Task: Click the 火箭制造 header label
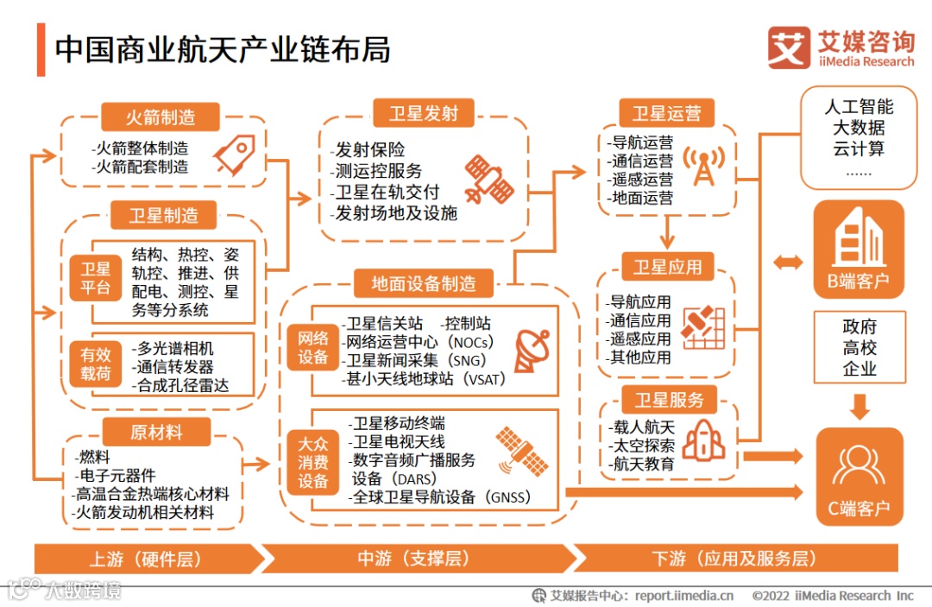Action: point(161,117)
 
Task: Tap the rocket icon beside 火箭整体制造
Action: point(234,155)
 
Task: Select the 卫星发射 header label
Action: point(423,112)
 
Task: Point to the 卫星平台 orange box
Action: point(96,278)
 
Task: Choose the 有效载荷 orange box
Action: point(96,363)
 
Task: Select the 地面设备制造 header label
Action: point(424,283)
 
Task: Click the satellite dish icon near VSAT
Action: point(531,349)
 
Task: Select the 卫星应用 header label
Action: point(667,267)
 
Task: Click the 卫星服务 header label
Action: point(670,399)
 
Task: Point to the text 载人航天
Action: point(642,427)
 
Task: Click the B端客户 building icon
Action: point(858,240)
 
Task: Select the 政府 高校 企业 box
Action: point(860,348)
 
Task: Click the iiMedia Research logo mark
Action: point(789,48)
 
